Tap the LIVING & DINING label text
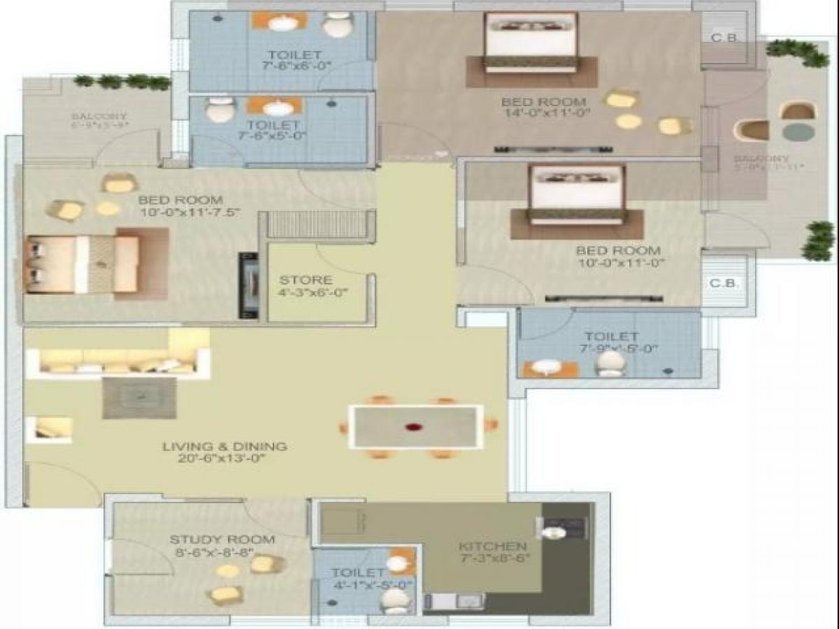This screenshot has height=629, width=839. point(224,446)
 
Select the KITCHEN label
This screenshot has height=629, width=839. point(492,546)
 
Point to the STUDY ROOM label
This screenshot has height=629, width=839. point(222,540)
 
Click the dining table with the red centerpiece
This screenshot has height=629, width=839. point(416,426)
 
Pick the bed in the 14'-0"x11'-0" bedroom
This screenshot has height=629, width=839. point(531,42)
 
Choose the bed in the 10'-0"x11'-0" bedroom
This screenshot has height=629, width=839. point(576,194)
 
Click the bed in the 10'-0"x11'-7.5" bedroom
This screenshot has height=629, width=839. point(84,264)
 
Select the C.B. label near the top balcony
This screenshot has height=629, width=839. point(724,38)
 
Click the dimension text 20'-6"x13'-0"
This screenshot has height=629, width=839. point(224,459)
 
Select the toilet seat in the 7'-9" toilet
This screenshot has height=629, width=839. point(612,363)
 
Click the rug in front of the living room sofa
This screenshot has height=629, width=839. point(139,398)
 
